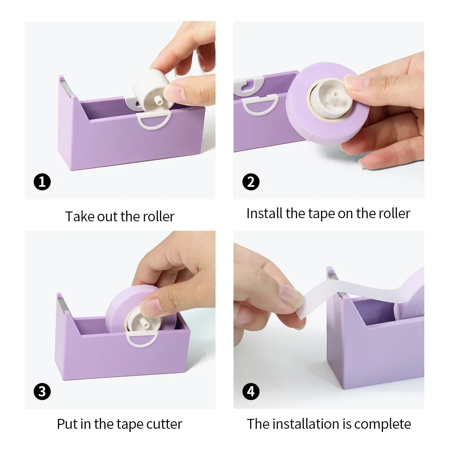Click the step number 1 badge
42,182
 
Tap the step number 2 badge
251,182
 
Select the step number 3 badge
42,392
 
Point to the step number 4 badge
251,392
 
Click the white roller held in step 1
150,88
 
